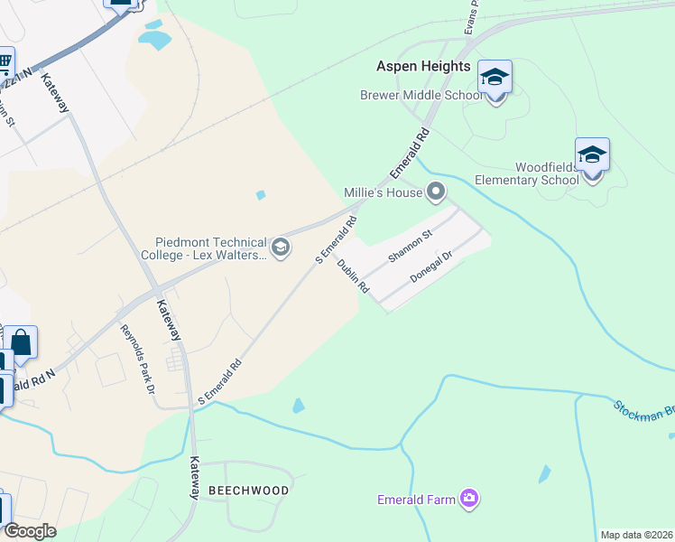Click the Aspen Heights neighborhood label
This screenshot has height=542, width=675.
point(423,67)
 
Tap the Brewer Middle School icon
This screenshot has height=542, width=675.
point(495,78)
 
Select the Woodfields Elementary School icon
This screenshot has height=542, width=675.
point(592,155)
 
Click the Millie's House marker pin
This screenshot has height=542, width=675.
point(437,192)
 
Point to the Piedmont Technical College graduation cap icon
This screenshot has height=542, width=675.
point(281,248)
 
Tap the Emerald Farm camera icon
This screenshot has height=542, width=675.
point(468,498)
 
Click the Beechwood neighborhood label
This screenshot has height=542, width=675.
point(248,491)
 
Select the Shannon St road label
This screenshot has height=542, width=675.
point(411,245)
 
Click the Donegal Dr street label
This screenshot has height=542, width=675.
point(430,269)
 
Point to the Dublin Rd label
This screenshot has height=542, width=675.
point(353,276)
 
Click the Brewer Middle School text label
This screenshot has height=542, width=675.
point(421,95)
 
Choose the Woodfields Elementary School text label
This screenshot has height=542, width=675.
point(547,173)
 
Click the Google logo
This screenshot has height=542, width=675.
point(30,531)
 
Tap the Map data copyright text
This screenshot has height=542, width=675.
point(636,535)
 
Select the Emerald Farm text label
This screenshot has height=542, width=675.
point(417,499)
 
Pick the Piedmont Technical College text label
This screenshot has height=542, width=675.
point(211,248)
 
